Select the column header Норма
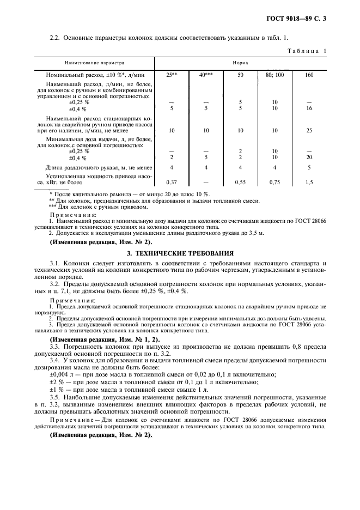[241, 63]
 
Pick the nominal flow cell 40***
[206, 75]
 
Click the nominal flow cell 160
[309, 75]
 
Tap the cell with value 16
[309, 108]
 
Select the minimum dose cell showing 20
[309, 157]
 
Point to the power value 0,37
[172, 181]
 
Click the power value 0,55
[240, 181]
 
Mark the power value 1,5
[309, 181]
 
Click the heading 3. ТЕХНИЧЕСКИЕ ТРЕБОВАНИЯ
[180, 253]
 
